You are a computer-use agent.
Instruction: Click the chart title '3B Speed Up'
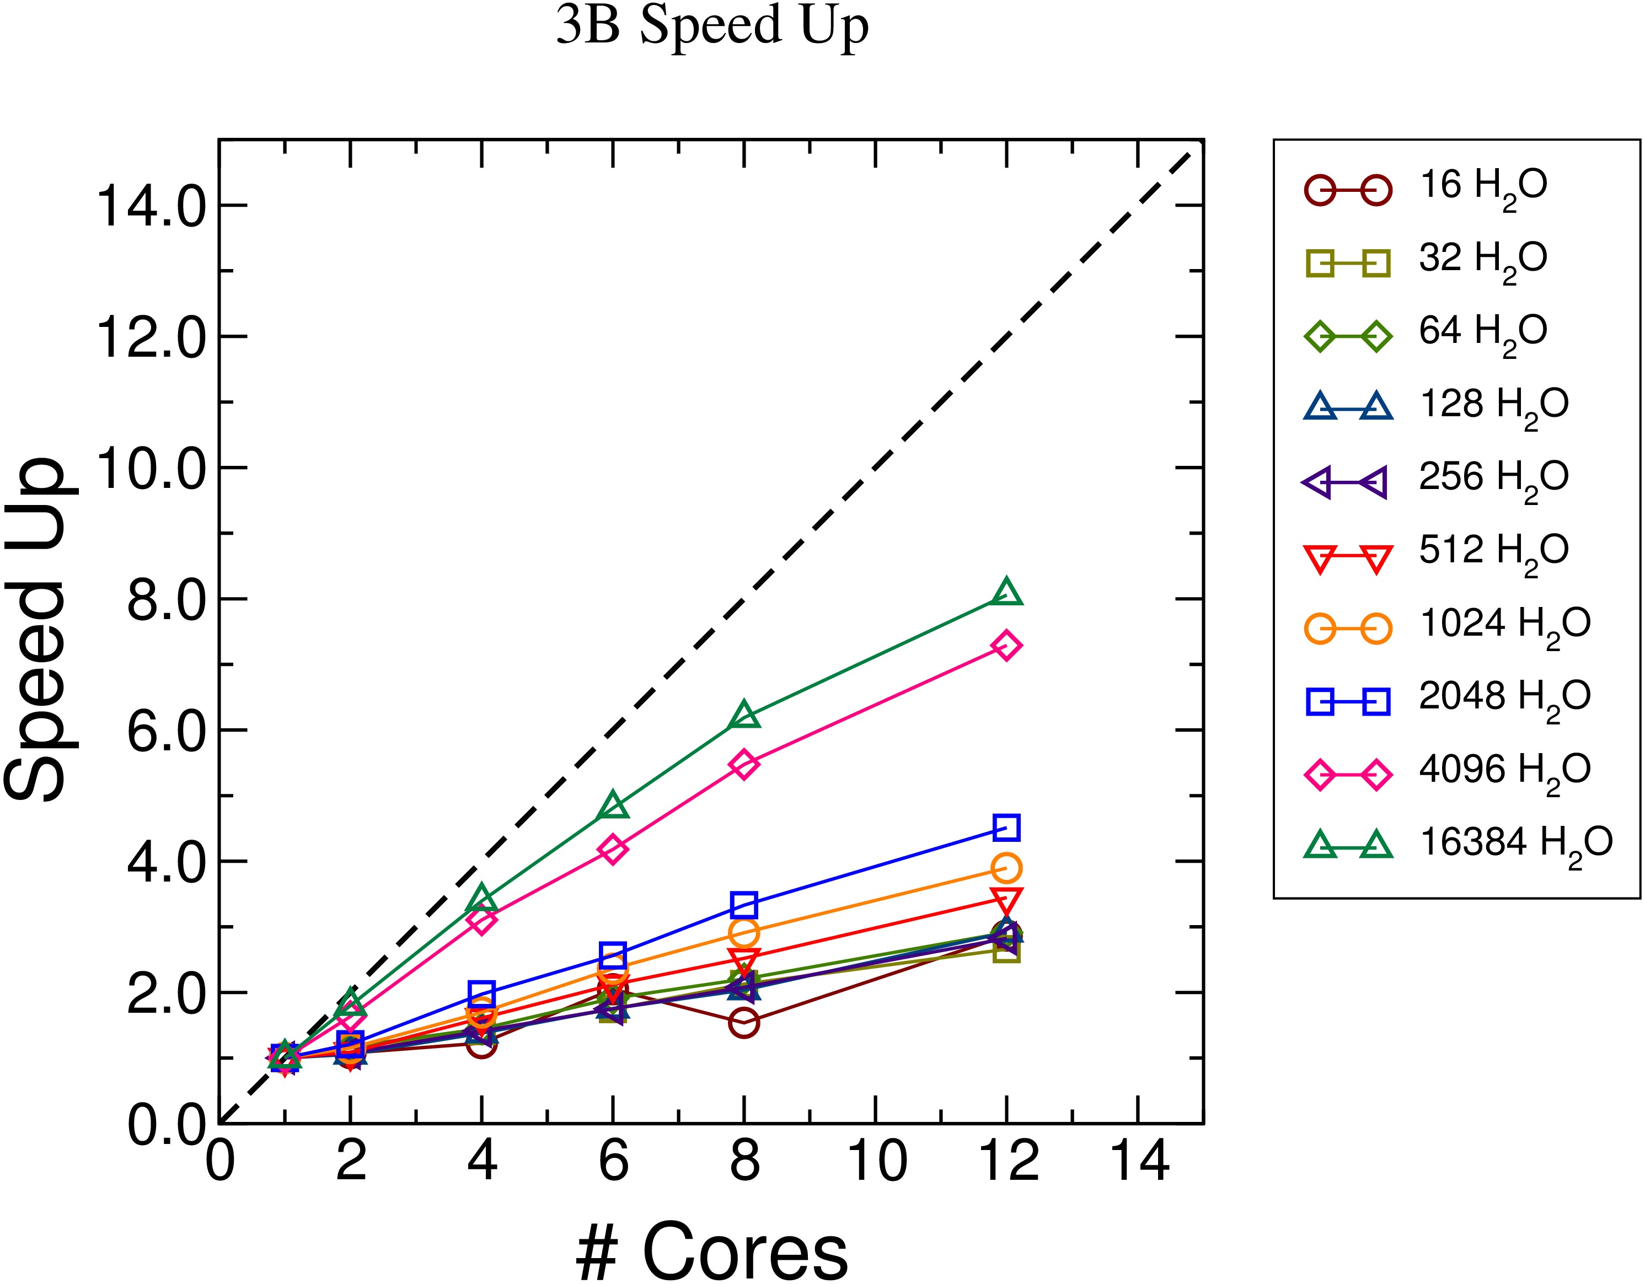(x=712, y=27)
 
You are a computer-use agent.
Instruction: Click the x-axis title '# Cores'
(x=712, y=1250)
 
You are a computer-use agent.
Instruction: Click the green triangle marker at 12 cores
(x=1007, y=593)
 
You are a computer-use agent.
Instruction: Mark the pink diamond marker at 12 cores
(x=1007, y=646)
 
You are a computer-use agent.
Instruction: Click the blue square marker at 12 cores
(x=1007, y=827)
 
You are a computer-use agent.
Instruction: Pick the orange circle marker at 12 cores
(x=1007, y=868)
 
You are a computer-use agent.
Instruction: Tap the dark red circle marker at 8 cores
(x=744, y=1023)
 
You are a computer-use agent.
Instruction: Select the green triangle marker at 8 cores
(x=744, y=716)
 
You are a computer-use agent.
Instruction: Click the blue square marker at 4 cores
(x=481, y=993)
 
